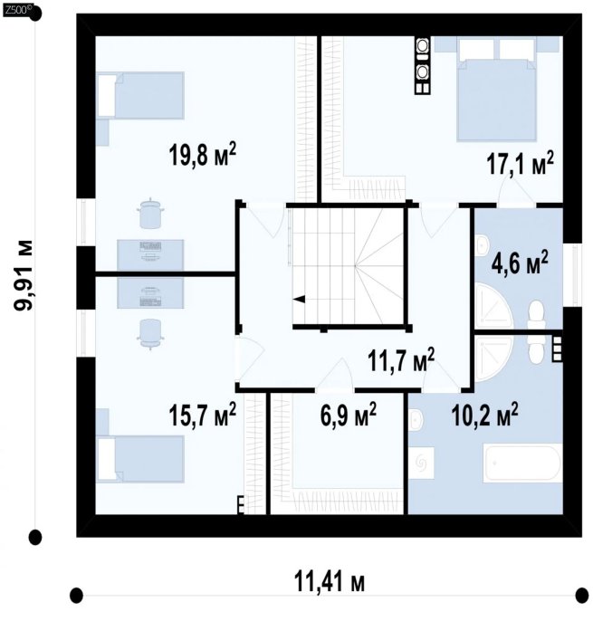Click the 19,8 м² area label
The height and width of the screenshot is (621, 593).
203,155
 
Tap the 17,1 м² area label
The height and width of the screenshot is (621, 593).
520,163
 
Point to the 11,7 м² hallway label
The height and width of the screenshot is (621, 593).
401,360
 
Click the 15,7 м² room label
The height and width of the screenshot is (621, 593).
203,415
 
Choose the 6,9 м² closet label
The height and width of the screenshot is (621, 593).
349,415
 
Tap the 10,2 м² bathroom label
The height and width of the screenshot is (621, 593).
484,415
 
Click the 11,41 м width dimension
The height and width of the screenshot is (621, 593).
330,583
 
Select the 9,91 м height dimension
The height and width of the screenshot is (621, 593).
24,275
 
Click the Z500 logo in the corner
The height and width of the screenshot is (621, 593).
16,10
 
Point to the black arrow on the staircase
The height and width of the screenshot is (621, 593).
299,299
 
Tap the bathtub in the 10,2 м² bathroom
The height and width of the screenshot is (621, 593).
522,463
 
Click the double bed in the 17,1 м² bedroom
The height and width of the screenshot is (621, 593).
497,90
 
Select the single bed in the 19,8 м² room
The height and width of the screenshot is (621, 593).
140,95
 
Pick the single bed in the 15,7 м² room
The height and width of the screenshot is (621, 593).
140,459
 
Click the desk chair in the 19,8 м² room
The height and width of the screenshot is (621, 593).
150,213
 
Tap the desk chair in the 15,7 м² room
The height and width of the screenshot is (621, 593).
150,334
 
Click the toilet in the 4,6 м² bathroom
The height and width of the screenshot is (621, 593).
536,315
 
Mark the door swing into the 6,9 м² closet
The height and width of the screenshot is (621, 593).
335,374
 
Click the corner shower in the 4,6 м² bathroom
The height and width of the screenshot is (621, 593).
493,306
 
